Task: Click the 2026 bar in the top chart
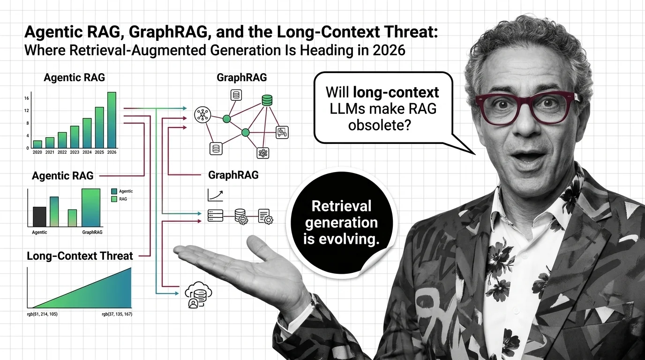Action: point(112,120)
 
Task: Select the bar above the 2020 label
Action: point(37,144)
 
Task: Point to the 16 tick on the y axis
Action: point(27,98)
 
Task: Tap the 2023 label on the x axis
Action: point(75,152)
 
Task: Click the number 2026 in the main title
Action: point(390,50)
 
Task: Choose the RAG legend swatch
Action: point(114,199)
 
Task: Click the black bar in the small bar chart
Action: point(39,217)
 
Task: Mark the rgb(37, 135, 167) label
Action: point(117,314)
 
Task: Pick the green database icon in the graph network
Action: point(267,100)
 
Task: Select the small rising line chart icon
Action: point(215,195)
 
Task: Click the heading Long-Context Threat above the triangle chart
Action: point(80,256)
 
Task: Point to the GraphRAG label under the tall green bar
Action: point(92,232)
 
